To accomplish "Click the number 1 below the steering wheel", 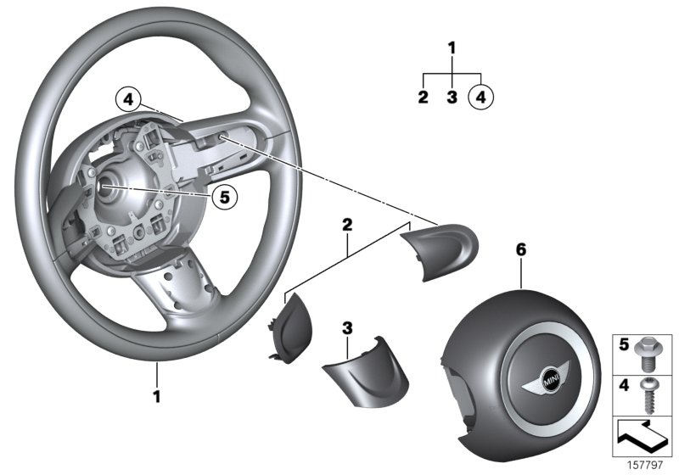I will pyautogui.click(x=156, y=395).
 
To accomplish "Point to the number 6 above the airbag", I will pyautogui.click(x=521, y=249).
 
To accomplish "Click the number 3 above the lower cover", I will pyautogui.click(x=346, y=327).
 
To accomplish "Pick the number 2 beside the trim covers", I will pyautogui.click(x=346, y=225).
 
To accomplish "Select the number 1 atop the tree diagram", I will pyautogui.click(x=452, y=47).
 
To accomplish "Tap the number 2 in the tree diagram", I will pyautogui.click(x=423, y=97).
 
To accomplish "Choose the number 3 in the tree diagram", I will pyautogui.click(x=452, y=97).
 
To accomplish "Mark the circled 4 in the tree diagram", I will pyautogui.click(x=480, y=97).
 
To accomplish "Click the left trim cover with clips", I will pyautogui.click(x=290, y=329).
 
